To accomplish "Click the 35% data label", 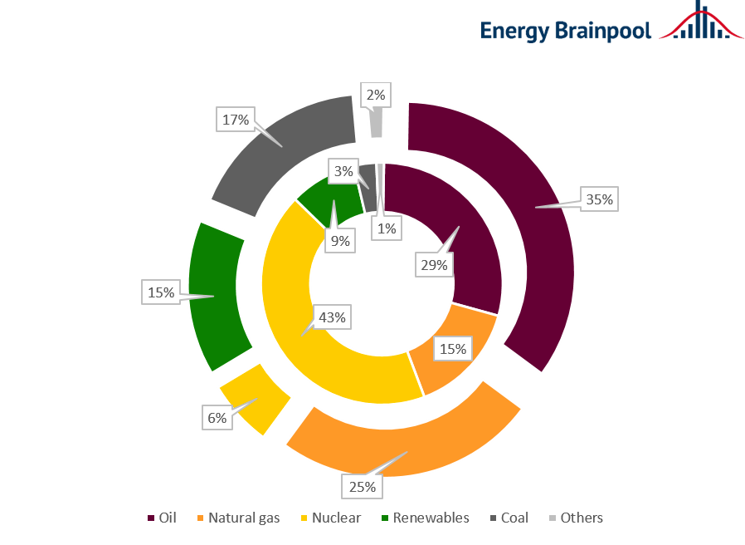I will tap(599, 199).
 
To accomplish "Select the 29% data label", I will tap(434, 265).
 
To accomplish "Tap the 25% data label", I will tap(362, 485).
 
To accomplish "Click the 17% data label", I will tap(236, 120).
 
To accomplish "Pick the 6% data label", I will tap(217, 418).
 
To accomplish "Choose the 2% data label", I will tap(376, 95).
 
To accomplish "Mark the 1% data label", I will tap(386, 228).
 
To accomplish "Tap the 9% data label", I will tap(341, 242).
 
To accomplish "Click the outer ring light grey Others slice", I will tap(376, 123).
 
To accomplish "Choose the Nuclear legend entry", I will tap(332, 518).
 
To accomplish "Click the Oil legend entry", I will tap(163, 518).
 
